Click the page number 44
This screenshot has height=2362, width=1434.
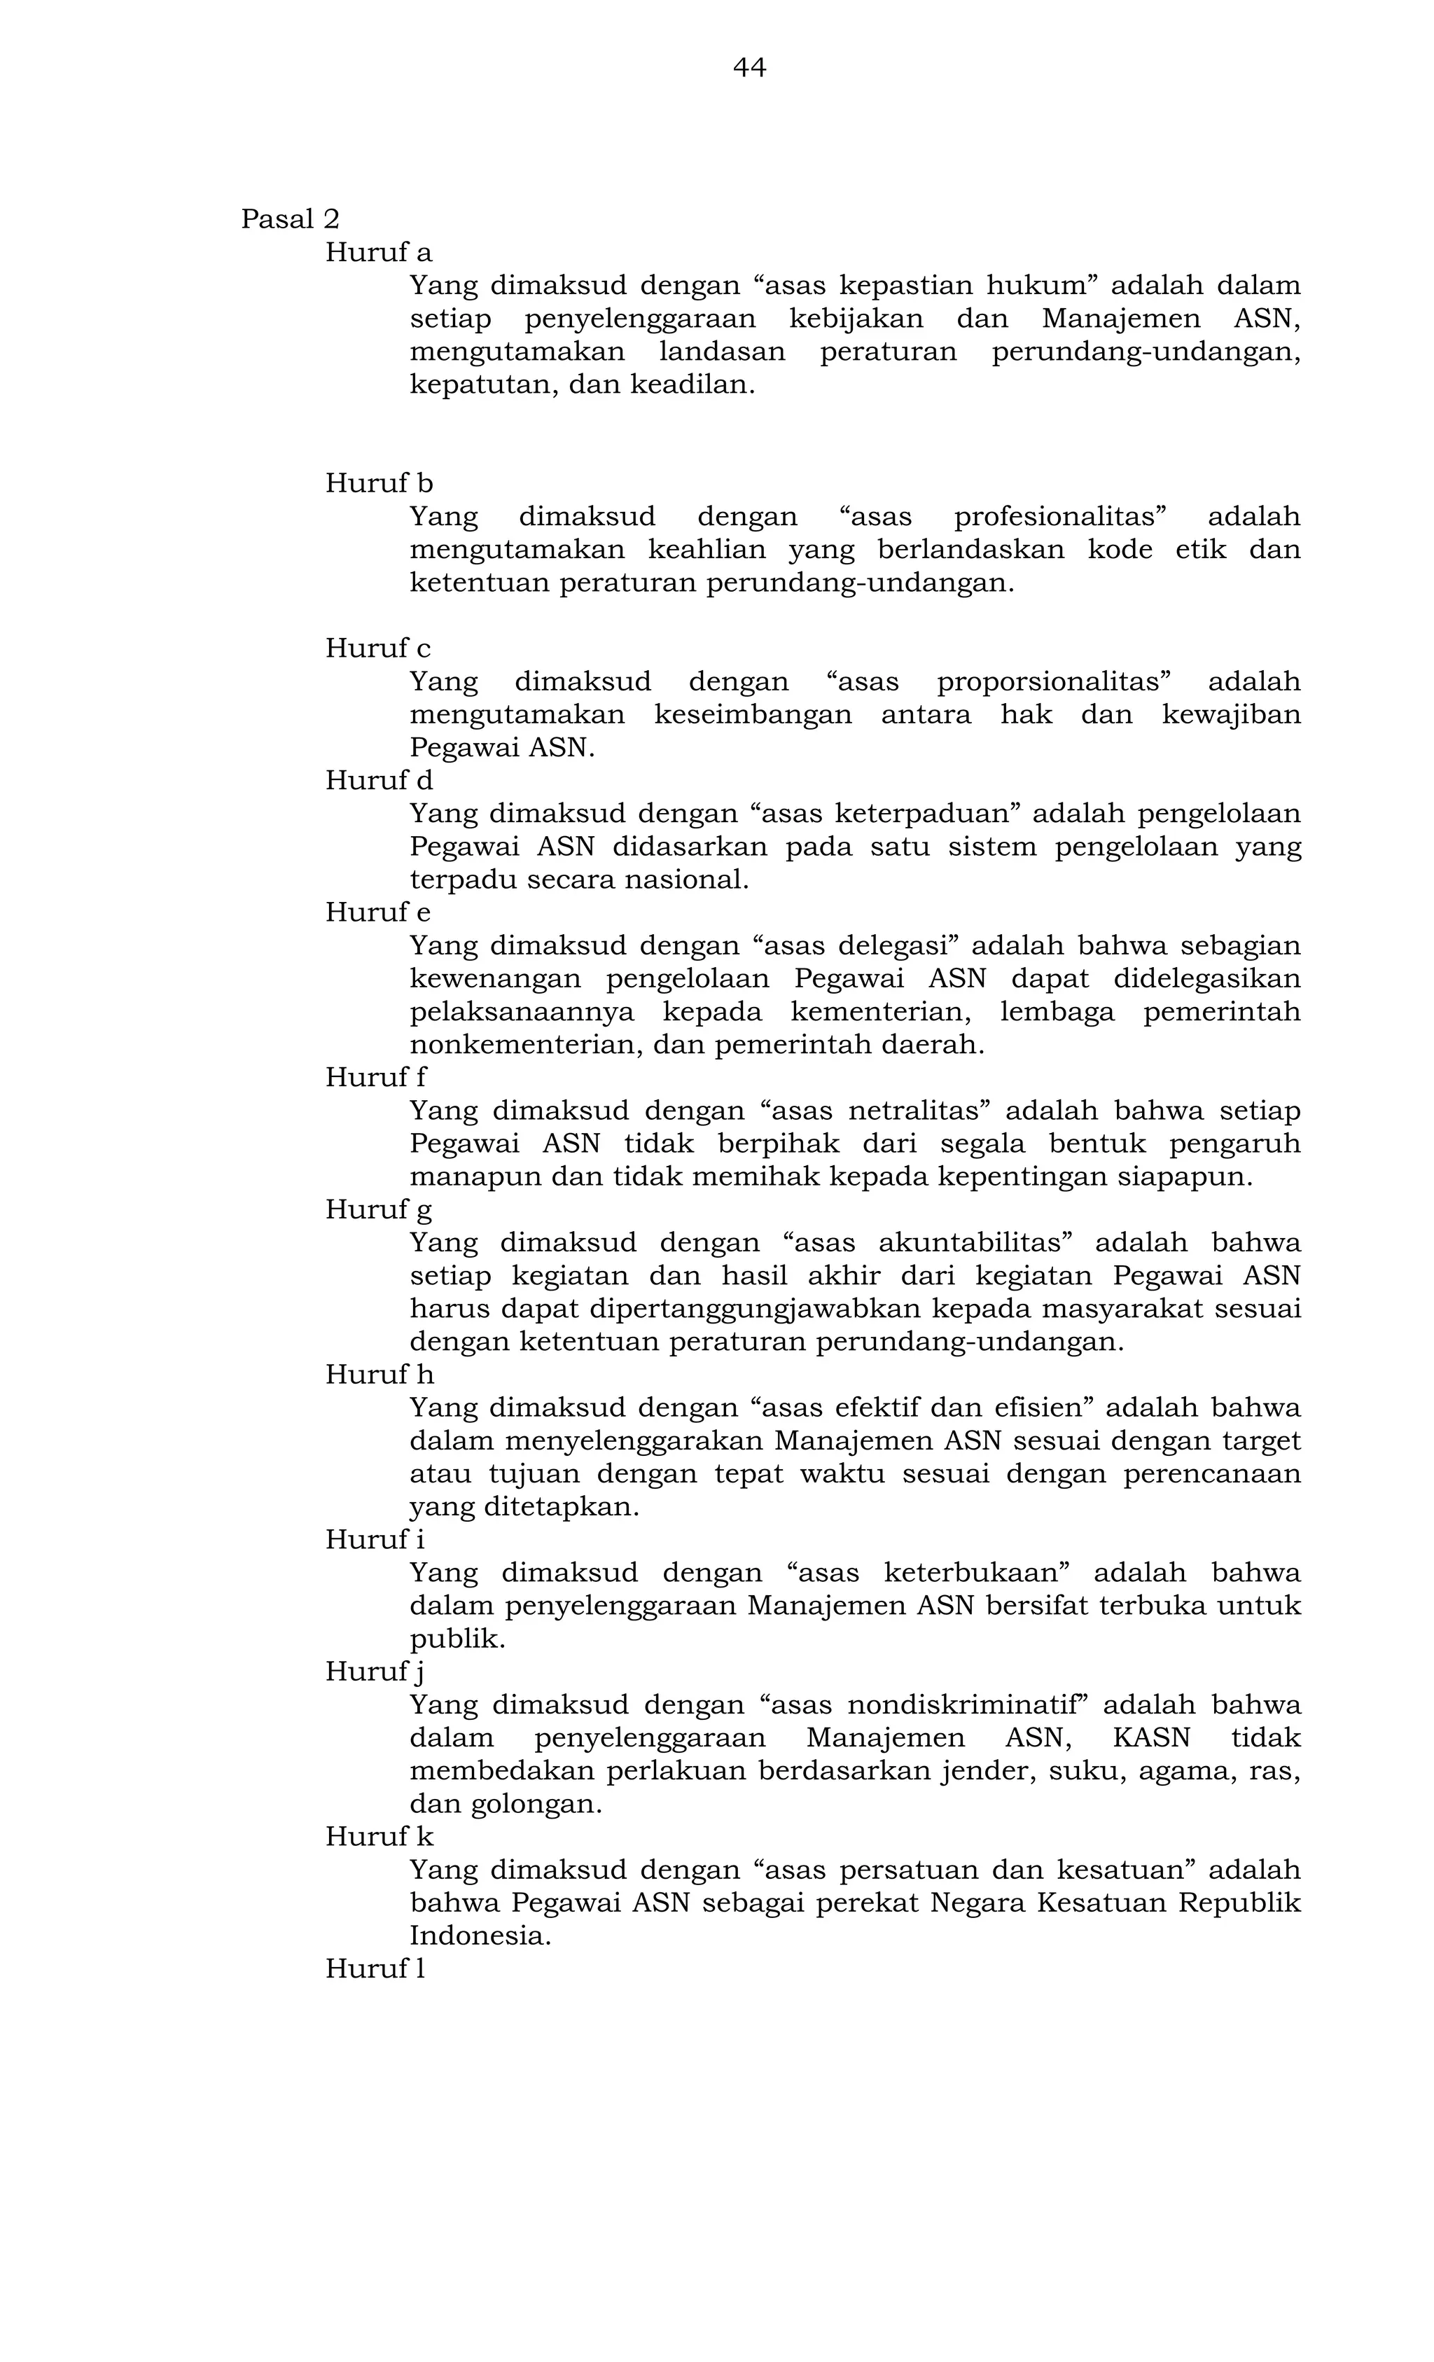click(749, 67)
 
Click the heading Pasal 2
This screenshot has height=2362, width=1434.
click(289, 219)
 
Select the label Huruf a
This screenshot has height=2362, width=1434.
click(379, 252)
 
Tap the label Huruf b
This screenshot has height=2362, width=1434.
click(379, 483)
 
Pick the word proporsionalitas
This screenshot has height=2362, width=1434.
click(1049, 681)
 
